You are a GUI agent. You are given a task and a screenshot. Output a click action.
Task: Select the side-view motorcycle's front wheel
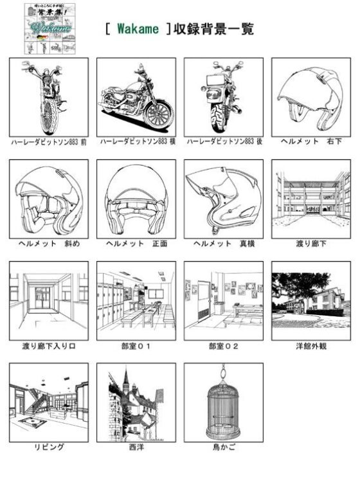click(158, 114)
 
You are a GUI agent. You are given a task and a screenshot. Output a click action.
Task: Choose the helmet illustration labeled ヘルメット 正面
click(136, 199)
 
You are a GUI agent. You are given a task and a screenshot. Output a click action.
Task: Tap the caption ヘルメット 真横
click(223, 244)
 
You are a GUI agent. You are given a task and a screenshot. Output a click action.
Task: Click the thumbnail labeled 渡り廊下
click(310, 199)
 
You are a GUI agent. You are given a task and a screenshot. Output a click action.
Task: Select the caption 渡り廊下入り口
click(48, 346)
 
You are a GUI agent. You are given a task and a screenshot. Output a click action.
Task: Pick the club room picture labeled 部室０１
click(136, 300)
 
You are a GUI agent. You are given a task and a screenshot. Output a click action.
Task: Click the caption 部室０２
click(223, 346)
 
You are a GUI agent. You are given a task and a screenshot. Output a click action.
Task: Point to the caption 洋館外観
click(310, 346)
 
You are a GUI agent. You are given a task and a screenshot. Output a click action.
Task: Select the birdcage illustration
click(223, 405)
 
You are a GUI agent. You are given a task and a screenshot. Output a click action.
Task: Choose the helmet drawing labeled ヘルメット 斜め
click(48, 199)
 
